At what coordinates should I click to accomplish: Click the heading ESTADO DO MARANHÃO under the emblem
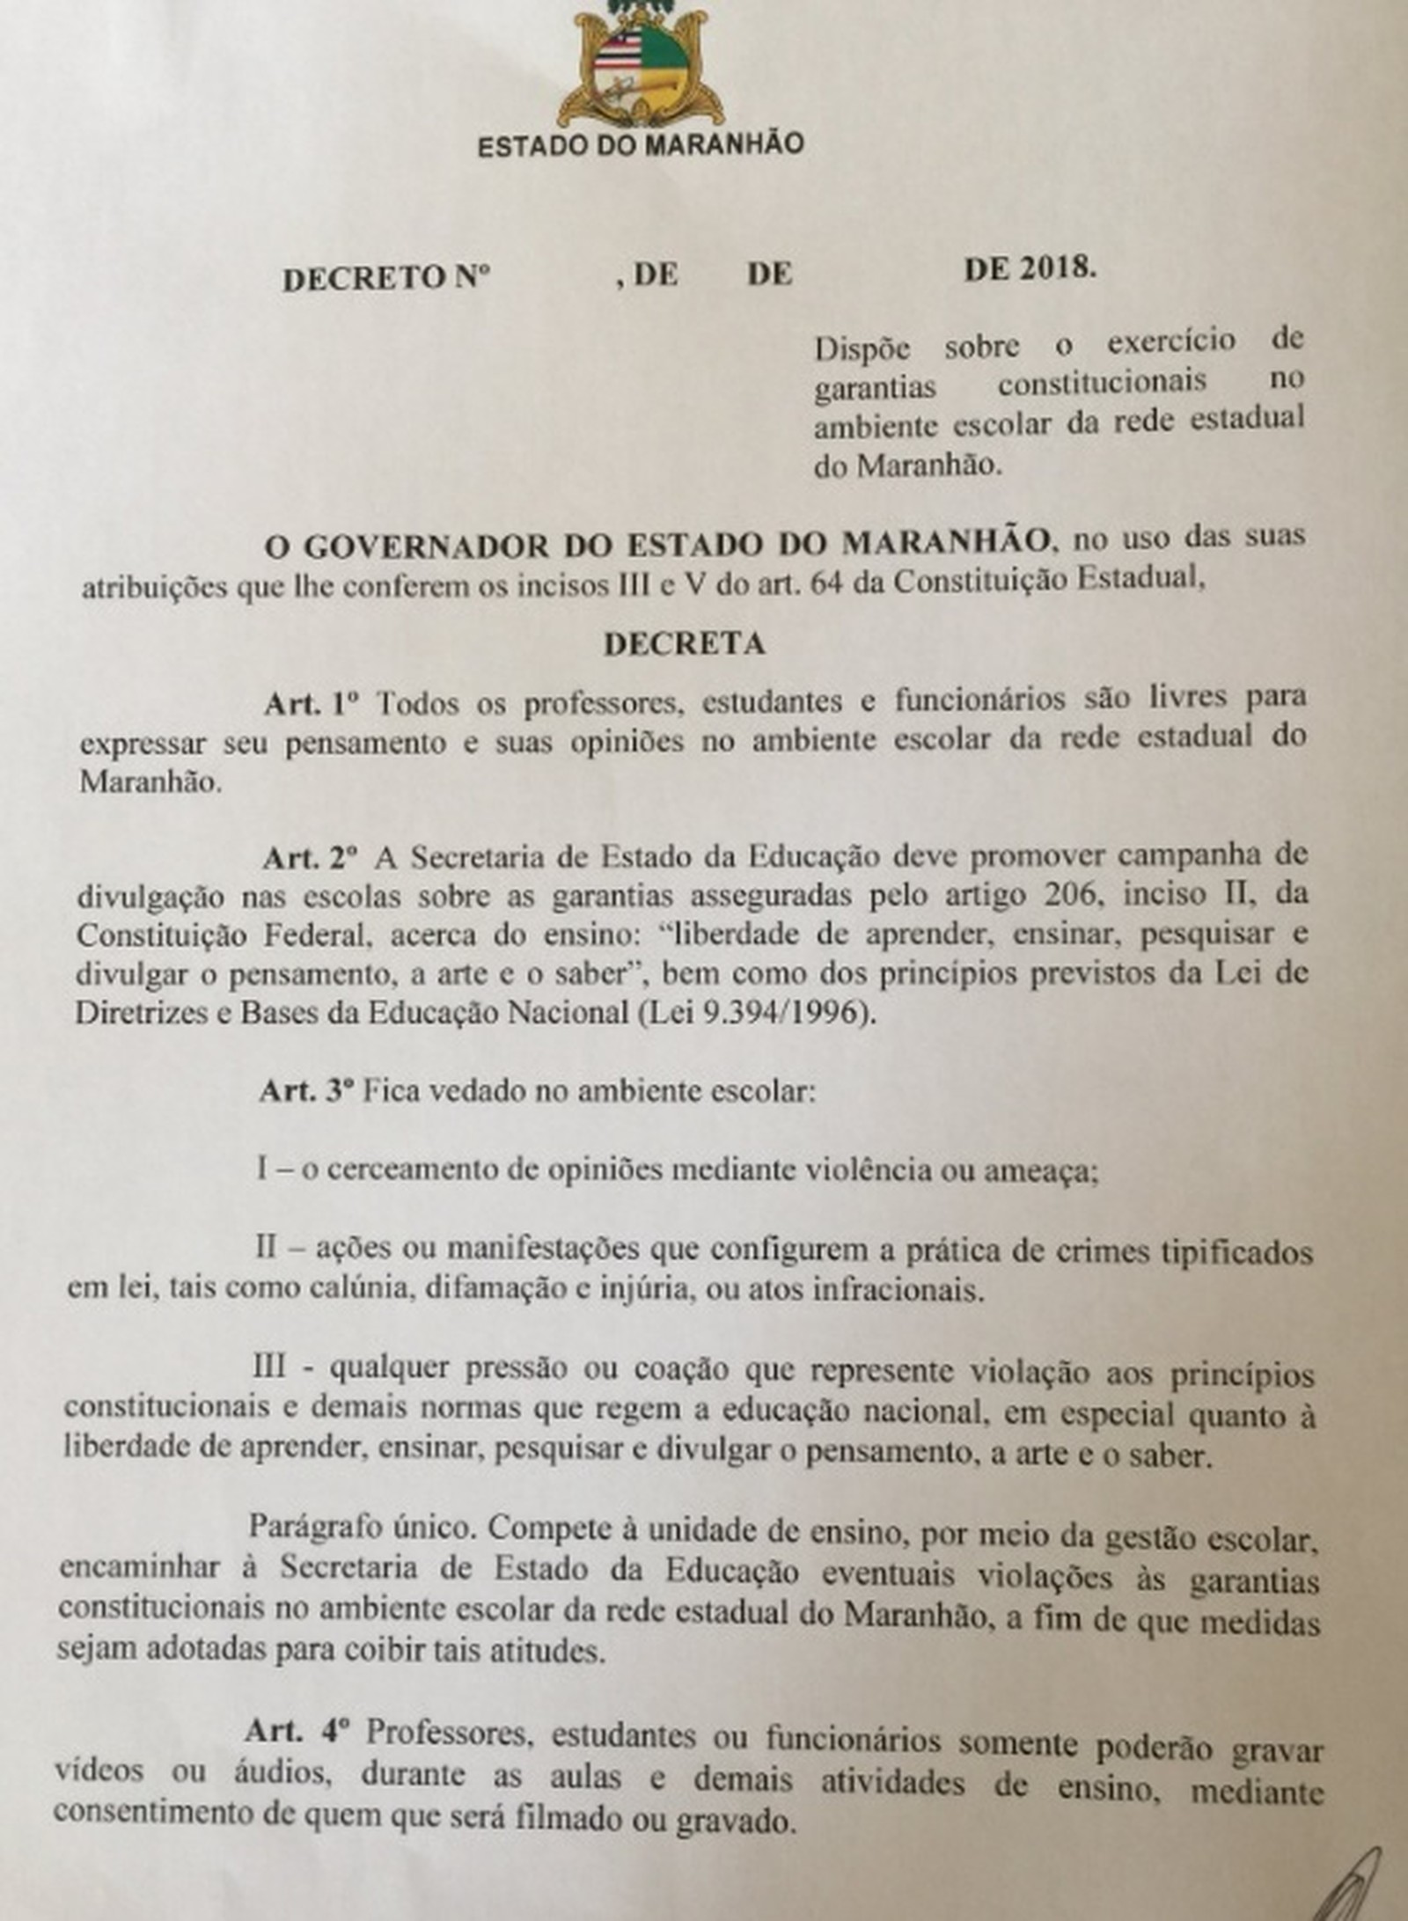pos(640,144)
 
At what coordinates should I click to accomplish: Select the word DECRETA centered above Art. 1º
pos(684,643)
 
